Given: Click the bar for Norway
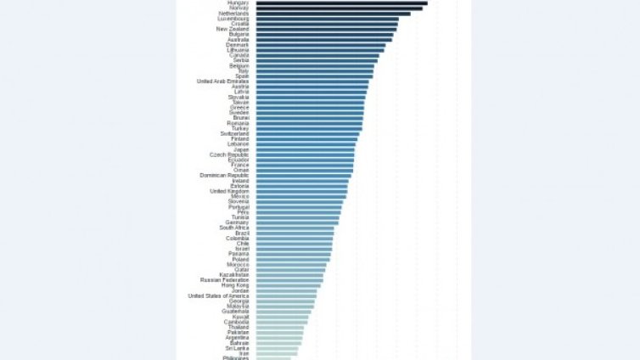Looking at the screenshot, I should point(339,8).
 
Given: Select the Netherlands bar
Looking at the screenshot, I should point(333,14).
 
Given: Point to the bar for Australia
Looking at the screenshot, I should point(323,40).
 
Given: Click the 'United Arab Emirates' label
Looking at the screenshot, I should point(222,82).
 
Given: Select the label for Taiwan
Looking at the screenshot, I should point(240,103).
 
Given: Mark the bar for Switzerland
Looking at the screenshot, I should point(307,134).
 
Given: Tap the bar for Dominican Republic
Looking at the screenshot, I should point(303,176).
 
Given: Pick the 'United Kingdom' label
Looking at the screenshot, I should point(229,191).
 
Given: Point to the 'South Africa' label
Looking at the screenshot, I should point(234,228).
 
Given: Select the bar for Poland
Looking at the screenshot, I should point(293,259).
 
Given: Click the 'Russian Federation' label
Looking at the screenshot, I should point(224,280).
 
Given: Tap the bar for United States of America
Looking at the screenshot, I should point(286,295).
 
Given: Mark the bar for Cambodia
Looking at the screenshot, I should point(282,322).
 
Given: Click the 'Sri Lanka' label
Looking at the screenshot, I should point(237,348).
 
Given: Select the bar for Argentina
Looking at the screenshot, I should point(279,338).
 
